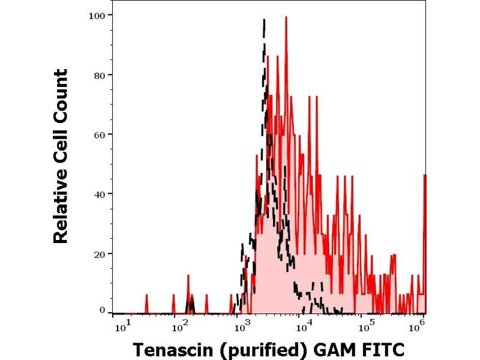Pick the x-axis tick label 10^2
[x=179, y=325]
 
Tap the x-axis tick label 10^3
[x=242, y=325]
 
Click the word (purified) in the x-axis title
[x=259, y=349]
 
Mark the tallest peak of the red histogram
[x=286, y=17]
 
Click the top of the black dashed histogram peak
[x=264, y=20]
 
